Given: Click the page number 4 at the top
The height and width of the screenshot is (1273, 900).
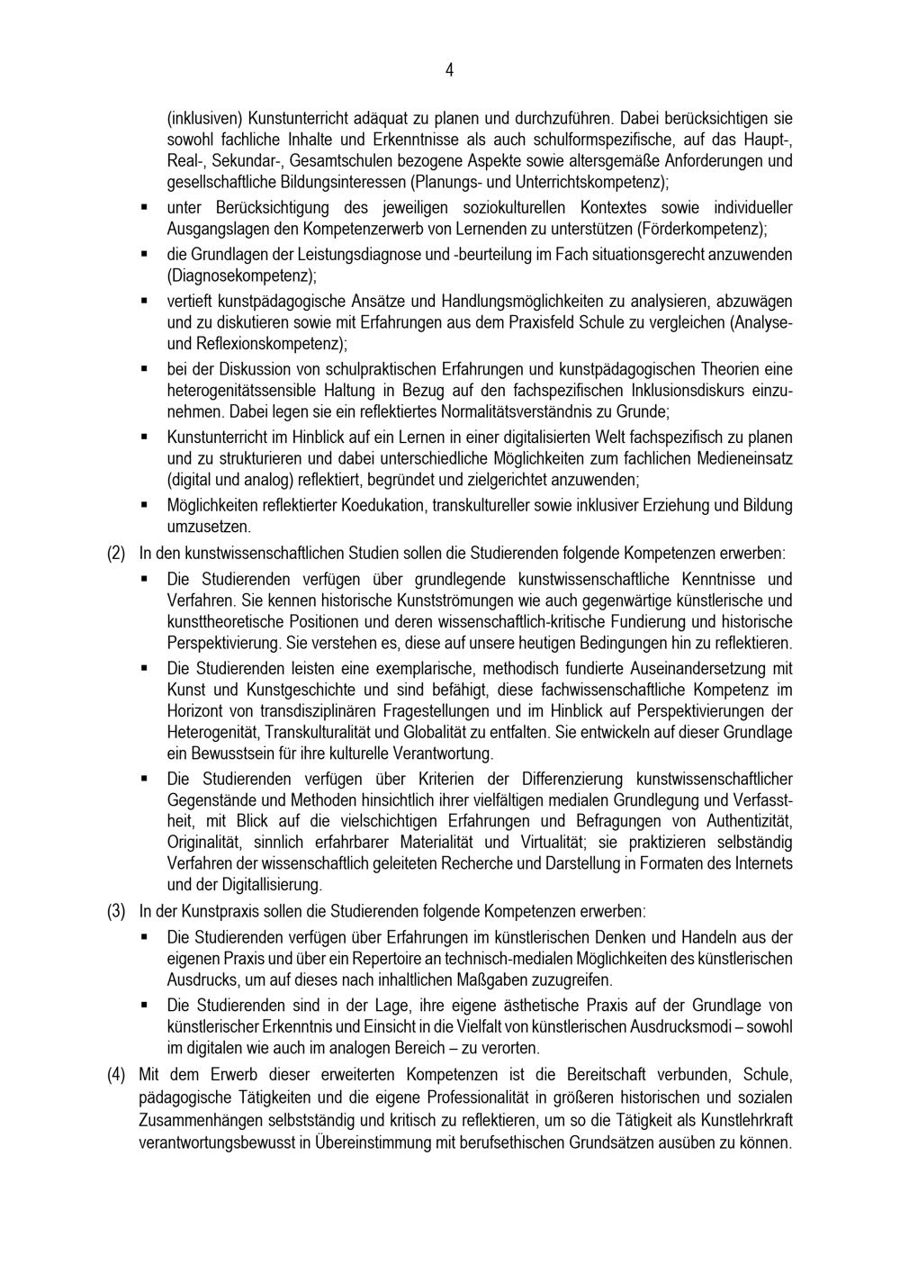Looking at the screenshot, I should (x=449, y=70).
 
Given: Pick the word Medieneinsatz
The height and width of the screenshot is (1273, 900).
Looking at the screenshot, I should (x=748, y=458).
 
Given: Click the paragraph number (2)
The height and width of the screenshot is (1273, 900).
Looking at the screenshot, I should (x=116, y=552).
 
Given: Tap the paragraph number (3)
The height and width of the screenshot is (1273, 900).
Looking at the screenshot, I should (x=116, y=910).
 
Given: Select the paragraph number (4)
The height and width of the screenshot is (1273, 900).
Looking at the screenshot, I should (x=116, y=1075).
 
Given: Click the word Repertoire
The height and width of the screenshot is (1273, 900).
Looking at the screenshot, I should (x=414, y=958).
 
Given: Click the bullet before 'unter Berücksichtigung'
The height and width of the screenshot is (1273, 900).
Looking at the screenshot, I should (x=144, y=207).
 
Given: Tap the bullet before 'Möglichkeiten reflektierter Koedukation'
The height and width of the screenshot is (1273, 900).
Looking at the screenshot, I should (x=144, y=505).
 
